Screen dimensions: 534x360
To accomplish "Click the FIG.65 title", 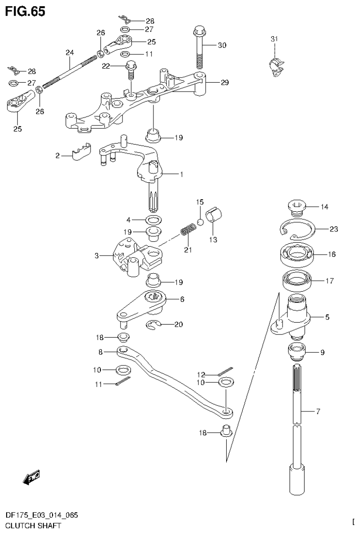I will (25, 11).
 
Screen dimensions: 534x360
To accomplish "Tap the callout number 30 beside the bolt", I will (222, 46).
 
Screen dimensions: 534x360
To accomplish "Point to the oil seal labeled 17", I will (295, 282).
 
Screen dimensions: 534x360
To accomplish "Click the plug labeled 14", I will (297, 207).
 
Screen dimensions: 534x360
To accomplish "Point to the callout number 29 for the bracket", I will (224, 83).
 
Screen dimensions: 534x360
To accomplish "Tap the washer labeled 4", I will (153, 219).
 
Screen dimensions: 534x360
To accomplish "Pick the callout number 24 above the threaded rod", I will (69, 52).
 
